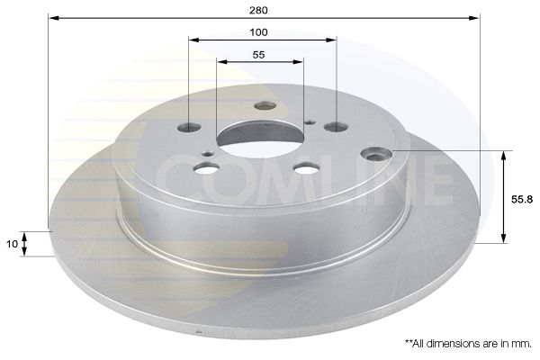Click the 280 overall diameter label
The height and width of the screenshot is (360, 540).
click(x=258, y=10)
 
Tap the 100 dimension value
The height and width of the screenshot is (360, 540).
click(x=258, y=32)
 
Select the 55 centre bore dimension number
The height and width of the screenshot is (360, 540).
click(x=258, y=55)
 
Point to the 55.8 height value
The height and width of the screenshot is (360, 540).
click(x=522, y=199)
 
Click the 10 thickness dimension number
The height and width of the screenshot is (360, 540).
click(x=12, y=244)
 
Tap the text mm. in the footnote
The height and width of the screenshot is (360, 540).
click(x=523, y=344)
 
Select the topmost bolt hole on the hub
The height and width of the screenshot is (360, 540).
click(x=265, y=106)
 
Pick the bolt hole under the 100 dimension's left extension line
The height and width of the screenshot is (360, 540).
click(x=189, y=128)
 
